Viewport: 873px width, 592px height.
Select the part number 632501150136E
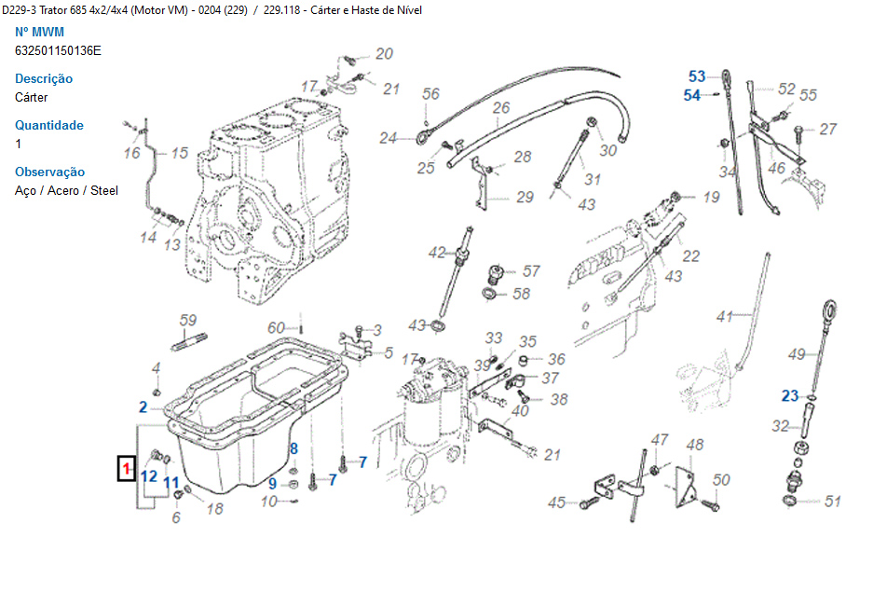pyautogui.click(x=58, y=50)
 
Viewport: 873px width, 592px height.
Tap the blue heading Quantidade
pyautogui.click(x=49, y=125)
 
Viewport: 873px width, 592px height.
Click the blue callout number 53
pyautogui.click(x=697, y=76)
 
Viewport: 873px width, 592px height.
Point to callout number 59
pyautogui.click(x=188, y=321)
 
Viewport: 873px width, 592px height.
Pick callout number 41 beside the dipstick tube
pyautogui.click(x=725, y=317)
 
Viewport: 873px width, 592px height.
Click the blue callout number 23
pyautogui.click(x=790, y=396)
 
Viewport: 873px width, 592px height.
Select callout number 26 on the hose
pyautogui.click(x=501, y=108)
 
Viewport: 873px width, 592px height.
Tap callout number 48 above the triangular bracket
pyautogui.click(x=694, y=445)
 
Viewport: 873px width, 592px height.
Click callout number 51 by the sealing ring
pyautogui.click(x=832, y=502)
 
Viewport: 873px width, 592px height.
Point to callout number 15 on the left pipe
pyautogui.click(x=179, y=153)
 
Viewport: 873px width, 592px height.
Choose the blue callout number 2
pyautogui.click(x=143, y=406)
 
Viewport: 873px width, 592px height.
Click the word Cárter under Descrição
pyautogui.click(x=32, y=97)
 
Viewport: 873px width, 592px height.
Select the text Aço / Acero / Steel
pyautogui.click(x=67, y=190)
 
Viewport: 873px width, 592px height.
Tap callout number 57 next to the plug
pyautogui.click(x=531, y=271)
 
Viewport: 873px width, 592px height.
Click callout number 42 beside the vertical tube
pyautogui.click(x=437, y=253)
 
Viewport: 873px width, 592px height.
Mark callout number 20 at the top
pyautogui.click(x=384, y=54)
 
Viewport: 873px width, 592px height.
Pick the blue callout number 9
pyautogui.click(x=273, y=483)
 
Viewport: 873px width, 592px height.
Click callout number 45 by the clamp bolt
pyautogui.click(x=556, y=503)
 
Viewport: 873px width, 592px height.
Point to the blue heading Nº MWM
pyautogui.click(x=40, y=32)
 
